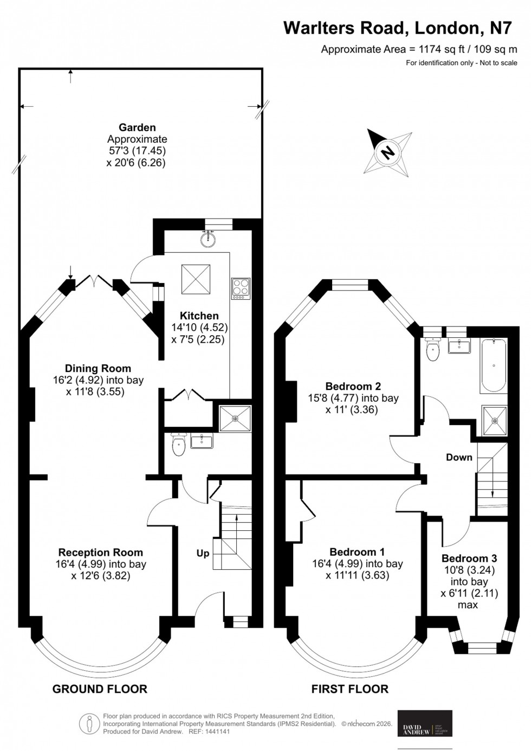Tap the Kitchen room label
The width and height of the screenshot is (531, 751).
[199, 316]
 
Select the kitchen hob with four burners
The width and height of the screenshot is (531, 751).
[241, 288]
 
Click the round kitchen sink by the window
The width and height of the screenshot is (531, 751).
[208, 239]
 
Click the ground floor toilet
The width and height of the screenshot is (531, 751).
[178, 445]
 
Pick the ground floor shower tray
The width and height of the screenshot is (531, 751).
[235, 419]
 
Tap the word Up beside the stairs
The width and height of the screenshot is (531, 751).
[203, 554]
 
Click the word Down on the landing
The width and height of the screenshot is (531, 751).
[459, 457]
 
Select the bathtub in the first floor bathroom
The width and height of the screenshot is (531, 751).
[493, 366]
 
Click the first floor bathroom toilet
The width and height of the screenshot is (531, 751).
[433, 350]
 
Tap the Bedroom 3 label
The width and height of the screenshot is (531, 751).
[469, 559]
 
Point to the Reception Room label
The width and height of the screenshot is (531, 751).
[101, 553]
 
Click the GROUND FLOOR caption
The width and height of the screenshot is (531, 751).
[100, 689]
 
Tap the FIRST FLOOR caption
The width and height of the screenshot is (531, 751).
[349, 689]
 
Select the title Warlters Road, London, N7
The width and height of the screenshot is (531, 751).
[397, 28]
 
